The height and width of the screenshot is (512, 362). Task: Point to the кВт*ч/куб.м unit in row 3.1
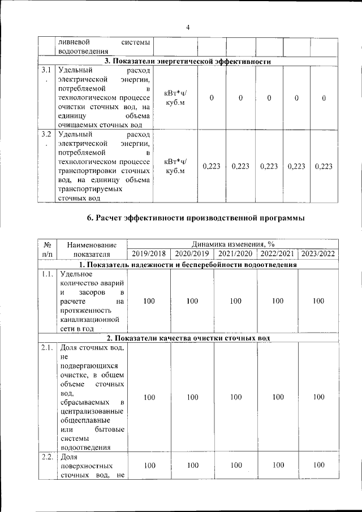point(174,98)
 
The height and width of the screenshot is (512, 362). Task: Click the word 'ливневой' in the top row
point(71,42)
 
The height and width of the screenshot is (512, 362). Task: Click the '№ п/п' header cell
point(48,249)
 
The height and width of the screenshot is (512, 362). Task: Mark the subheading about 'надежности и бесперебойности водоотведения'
point(187,264)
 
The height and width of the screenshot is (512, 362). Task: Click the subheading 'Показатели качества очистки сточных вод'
point(187,338)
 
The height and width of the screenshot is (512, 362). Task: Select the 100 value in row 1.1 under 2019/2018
point(149,301)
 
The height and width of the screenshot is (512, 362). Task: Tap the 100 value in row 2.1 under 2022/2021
point(277,397)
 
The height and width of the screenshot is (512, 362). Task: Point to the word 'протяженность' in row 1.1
point(84,311)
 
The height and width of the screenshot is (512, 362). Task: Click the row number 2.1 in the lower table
point(47,348)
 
